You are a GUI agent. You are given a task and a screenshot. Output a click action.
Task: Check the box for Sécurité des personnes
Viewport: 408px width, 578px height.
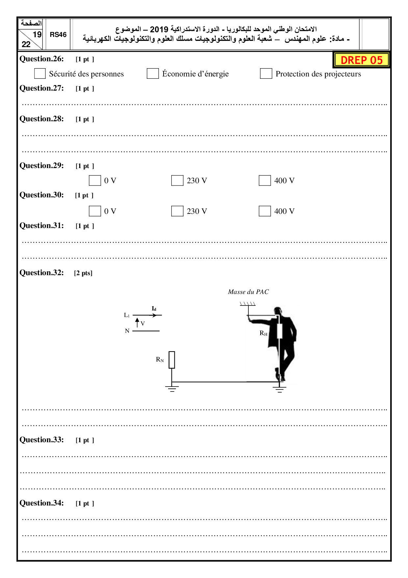coord(40,73)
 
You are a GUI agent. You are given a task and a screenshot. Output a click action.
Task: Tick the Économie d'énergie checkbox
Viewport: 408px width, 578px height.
coord(153,73)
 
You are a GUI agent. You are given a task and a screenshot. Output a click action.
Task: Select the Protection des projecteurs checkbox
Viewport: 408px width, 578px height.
coord(266,73)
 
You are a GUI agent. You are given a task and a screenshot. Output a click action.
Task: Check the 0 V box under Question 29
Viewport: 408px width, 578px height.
coord(95,181)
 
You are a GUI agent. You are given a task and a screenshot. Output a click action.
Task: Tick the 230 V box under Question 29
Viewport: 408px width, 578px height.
coord(177,181)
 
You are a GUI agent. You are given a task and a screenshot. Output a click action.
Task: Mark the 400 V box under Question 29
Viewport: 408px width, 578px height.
coord(265,181)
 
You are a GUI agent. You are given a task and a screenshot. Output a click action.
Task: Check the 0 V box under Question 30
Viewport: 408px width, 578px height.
coord(95,211)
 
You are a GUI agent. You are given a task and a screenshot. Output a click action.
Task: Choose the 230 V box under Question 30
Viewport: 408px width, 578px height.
coord(177,211)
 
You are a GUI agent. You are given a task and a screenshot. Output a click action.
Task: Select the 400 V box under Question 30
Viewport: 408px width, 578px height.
coord(265,211)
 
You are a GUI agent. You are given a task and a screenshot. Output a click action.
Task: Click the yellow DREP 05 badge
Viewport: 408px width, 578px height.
coord(362,60)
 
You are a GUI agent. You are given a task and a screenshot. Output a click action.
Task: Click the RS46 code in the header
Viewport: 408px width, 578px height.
coord(58,35)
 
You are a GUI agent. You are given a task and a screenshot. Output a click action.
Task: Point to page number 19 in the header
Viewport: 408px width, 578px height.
coord(37,35)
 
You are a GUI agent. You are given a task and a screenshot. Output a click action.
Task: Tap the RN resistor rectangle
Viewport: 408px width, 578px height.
coord(172,360)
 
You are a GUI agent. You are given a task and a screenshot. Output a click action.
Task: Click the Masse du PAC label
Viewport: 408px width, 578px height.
coord(248,292)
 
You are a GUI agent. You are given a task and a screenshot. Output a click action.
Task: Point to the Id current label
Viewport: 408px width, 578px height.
coord(154,309)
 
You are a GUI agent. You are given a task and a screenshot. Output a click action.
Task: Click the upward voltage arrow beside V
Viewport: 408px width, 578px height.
coord(137,322)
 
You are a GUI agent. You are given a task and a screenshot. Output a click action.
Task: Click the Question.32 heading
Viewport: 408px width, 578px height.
coord(42,273)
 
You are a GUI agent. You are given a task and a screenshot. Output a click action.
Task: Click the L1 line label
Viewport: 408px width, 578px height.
coord(127,315)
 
